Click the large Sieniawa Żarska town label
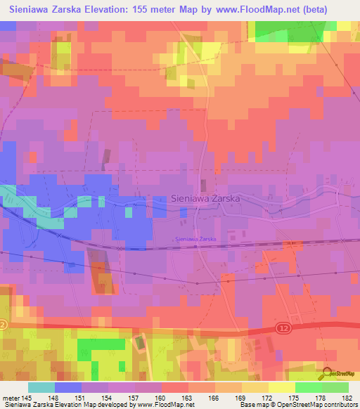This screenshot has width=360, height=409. click(x=206, y=199)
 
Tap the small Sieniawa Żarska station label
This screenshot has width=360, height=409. click(x=195, y=239)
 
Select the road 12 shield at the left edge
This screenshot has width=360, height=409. click(x=3, y=325)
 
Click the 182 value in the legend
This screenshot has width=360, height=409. click(x=348, y=398)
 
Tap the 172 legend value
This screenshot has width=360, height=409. click(x=269, y=398)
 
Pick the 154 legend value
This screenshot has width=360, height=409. click(x=108, y=398)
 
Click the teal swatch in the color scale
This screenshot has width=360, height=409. click(x=41, y=387)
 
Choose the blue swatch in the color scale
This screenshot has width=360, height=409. click(x=68, y=387)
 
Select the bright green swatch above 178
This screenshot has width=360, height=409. click(x=309, y=387)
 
